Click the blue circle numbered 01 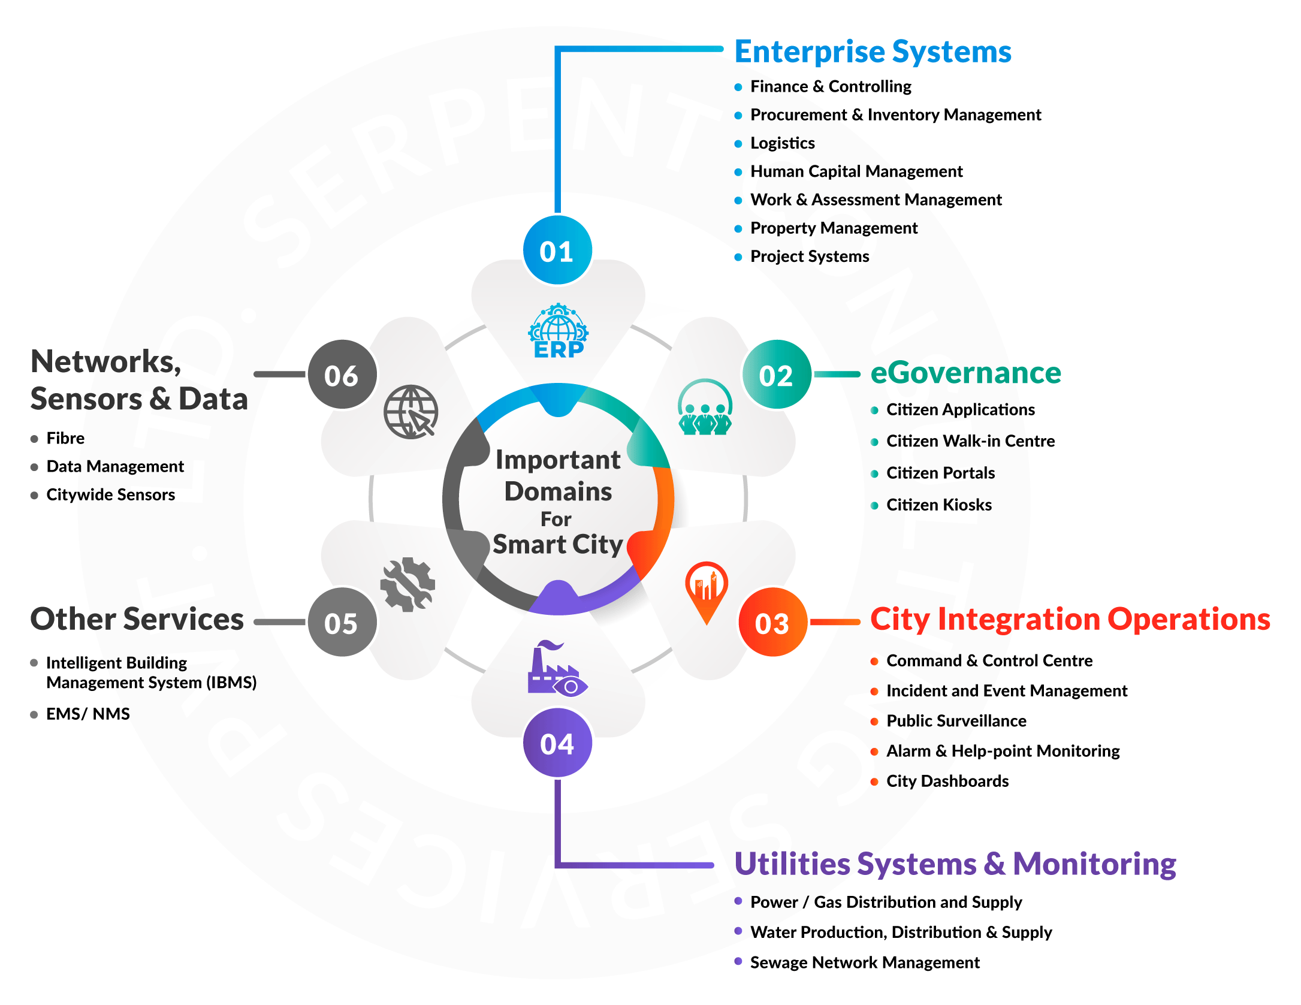557,251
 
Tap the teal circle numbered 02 776,375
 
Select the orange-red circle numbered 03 773,622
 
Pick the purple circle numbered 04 557,743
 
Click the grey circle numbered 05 342,622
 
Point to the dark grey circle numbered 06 342,375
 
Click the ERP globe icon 559,331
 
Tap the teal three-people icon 705,408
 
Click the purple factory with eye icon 557,669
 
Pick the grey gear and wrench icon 408,584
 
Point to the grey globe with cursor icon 411,412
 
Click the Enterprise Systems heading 873,52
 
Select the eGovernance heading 965,373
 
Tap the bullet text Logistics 782,143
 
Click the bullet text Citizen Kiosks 938,505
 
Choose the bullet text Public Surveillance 956,720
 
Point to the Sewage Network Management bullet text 864,962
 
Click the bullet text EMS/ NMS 88,714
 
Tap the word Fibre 65,438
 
